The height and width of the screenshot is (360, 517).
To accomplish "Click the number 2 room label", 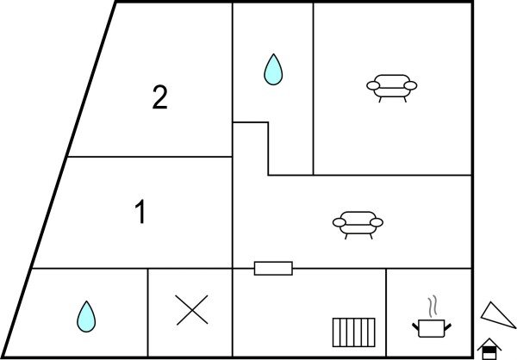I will pos(159,98).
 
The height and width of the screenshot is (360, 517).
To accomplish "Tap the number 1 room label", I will pos(140,212).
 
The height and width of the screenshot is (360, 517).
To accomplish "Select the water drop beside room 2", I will pos(273,70).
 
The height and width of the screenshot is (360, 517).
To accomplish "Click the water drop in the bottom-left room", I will pos(86,316).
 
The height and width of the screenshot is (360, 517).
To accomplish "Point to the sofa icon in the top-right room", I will pos(391,86).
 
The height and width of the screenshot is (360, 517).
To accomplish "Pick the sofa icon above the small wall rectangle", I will pos(358,223).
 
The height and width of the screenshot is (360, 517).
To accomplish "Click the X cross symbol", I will pos(191,310).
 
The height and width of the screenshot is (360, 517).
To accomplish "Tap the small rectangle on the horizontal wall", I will pos(273,269).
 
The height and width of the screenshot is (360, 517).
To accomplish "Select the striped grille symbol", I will pos(352,332).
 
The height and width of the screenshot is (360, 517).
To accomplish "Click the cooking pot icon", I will pos(433,327).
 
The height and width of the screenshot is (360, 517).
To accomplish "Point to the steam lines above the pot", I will pos(434,307).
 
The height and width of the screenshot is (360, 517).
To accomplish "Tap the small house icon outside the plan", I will pos(489,348).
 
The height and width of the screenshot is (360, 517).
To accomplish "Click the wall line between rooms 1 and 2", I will pos(146,157).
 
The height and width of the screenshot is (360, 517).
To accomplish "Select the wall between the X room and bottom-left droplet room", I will pos(148,312).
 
